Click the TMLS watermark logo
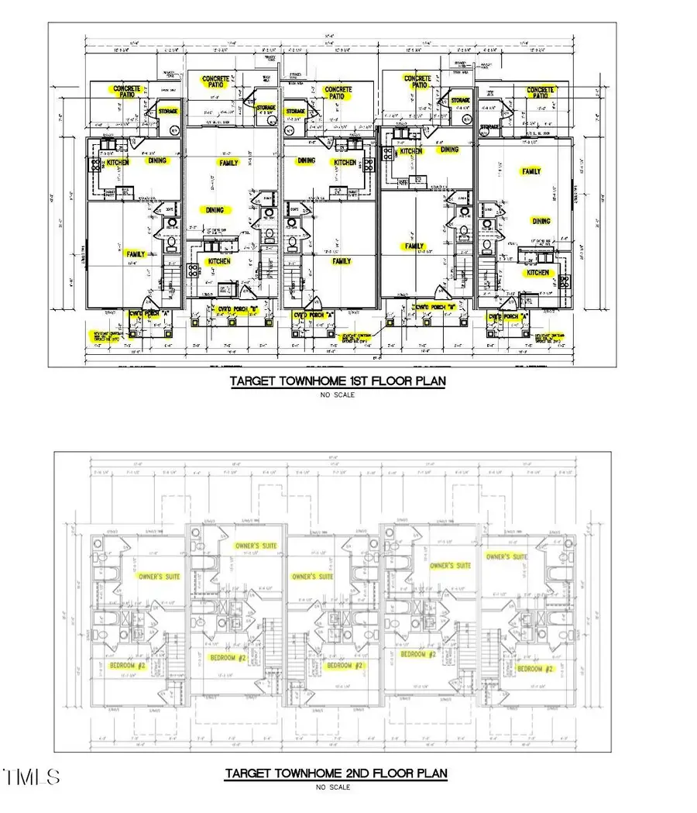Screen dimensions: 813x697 coord(31,777)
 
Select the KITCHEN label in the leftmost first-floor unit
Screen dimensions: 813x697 coord(118,163)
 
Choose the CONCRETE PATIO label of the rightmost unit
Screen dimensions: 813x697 coord(541,95)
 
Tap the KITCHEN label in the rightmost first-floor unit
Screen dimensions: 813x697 coord(537,273)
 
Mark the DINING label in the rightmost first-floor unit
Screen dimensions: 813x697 coord(541,221)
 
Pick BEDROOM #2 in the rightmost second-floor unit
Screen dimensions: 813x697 coord(536,668)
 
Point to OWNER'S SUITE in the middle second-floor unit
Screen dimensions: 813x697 coord(312,577)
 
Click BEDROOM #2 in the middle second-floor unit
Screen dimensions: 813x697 coord(345,666)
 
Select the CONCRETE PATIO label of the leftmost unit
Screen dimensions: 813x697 coord(127,94)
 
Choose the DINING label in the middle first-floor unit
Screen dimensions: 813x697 coord(307,161)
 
